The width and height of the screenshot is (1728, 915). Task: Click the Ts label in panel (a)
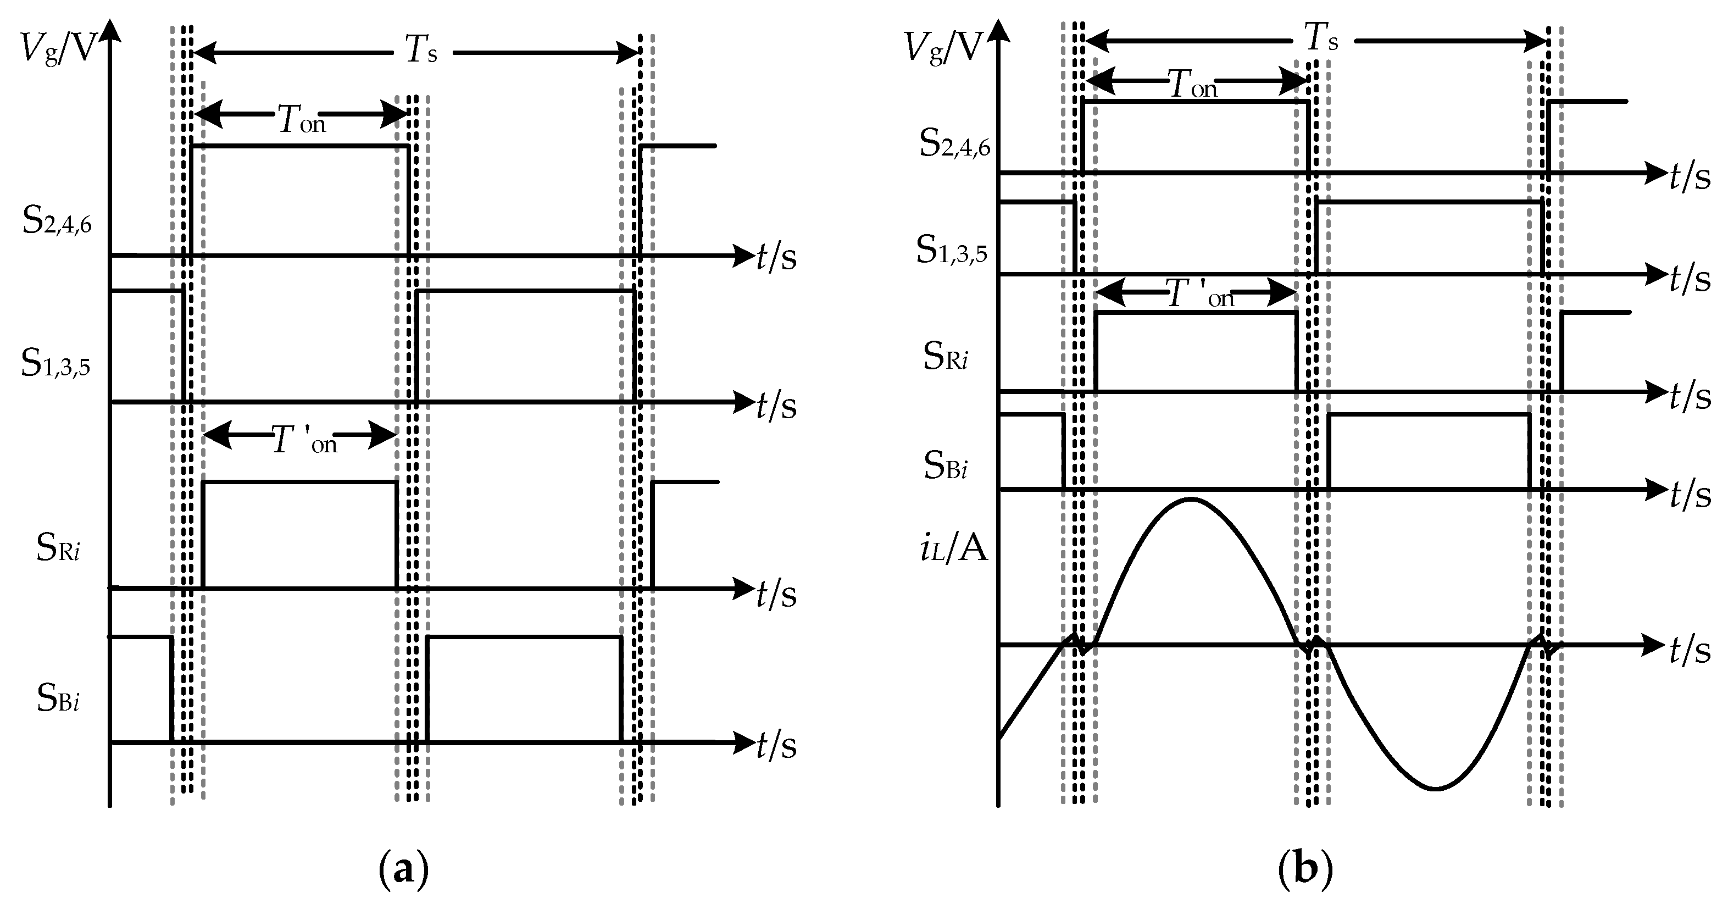(x=421, y=51)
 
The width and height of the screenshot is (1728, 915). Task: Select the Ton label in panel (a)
(x=301, y=121)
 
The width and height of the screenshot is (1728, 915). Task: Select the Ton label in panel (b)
(x=1192, y=86)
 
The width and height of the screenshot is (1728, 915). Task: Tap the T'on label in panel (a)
(x=304, y=441)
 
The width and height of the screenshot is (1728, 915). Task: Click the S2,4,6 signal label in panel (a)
(x=57, y=221)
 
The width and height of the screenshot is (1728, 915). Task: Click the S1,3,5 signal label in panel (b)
(x=951, y=251)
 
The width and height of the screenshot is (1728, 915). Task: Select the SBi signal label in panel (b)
(x=945, y=465)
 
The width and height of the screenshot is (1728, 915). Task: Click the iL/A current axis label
(x=953, y=550)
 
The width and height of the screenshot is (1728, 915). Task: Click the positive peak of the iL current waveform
(x=1191, y=499)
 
